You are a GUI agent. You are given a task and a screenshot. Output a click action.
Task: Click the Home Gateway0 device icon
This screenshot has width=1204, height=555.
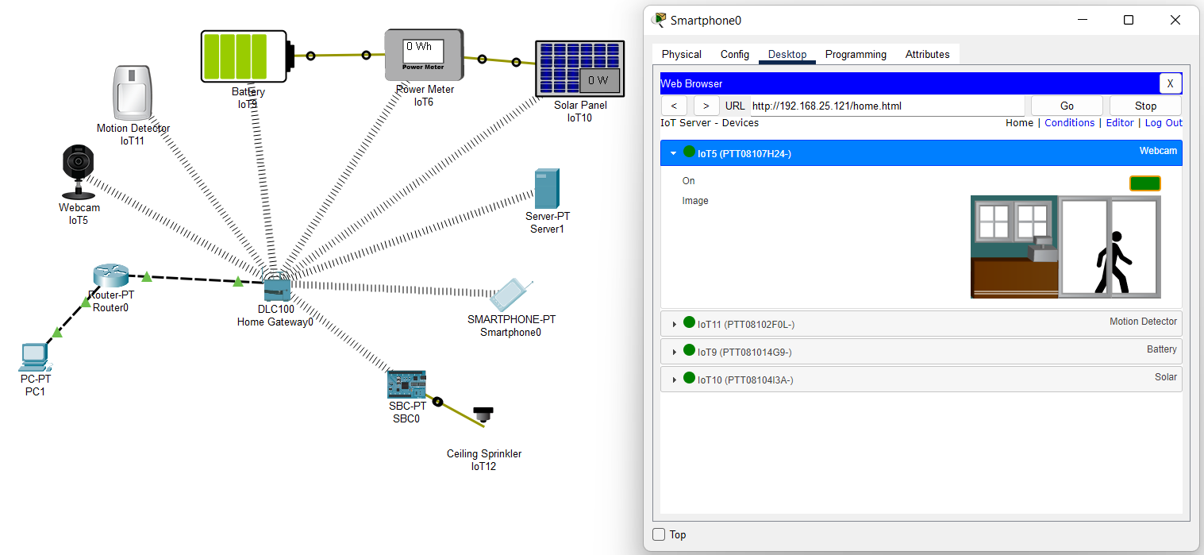275,287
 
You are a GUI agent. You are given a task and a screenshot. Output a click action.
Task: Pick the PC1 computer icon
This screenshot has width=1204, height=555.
34,357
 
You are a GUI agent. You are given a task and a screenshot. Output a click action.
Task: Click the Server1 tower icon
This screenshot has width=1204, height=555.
547,188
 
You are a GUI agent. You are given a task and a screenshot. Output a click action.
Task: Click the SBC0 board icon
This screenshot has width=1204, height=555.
406,384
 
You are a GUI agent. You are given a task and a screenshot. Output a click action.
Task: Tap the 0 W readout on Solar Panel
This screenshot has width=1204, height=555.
598,80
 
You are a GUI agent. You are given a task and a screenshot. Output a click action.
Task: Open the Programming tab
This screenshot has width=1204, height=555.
856,55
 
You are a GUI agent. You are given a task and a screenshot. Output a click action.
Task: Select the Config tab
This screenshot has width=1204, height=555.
734,55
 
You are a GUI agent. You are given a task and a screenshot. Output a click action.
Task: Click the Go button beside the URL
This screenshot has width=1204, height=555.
1066,106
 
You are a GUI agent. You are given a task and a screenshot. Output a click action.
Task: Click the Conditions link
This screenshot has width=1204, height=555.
1069,123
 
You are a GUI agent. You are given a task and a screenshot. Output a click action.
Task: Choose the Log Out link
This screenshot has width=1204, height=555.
1163,123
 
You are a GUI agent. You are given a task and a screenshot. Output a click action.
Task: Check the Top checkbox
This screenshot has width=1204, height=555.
659,534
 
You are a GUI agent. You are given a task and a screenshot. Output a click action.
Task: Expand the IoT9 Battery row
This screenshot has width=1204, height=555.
675,352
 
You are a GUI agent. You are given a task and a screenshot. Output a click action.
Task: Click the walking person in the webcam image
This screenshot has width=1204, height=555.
1113,262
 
